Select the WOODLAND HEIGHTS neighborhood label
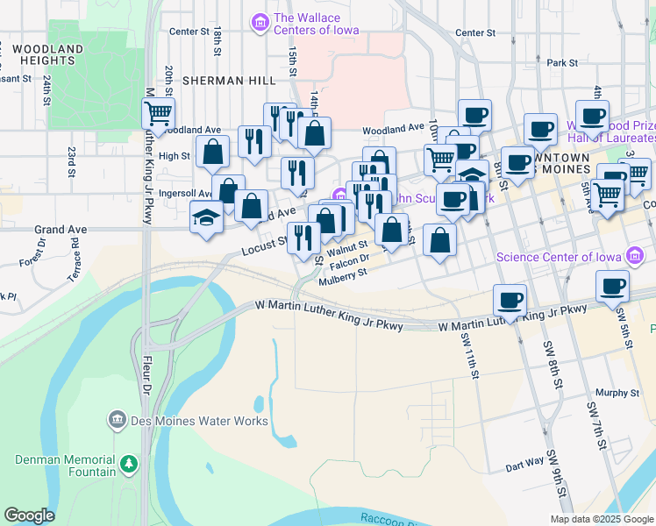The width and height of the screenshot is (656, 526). (49, 54)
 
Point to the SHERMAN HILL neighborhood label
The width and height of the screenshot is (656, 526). (229, 81)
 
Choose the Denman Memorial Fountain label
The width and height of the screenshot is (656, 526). (65, 466)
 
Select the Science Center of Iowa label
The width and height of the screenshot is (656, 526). (558, 257)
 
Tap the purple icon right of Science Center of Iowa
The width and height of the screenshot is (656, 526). (635, 257)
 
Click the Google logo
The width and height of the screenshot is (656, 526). (29, 515)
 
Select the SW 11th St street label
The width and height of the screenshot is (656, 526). (472, 359)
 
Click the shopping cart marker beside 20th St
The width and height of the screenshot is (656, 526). (159, 113)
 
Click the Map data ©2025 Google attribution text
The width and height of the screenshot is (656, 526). (601, 518)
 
